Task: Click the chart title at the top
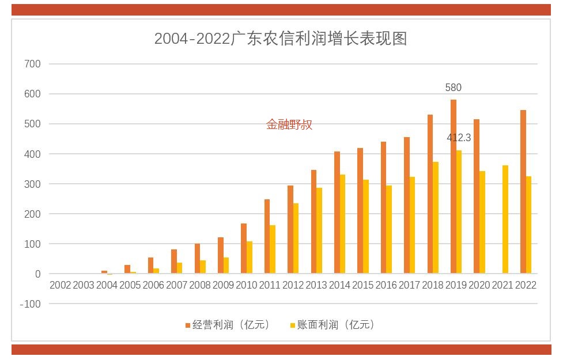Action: coord(281,39)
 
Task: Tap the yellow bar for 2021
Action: coord(505,219)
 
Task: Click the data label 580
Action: coord(454,88)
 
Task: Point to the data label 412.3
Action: coord(459,138)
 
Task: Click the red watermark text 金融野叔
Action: coord(289,124)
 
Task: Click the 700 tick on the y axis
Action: coord(32,64)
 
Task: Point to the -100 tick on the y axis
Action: coord(30,304)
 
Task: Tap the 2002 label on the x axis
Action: coord(61,285)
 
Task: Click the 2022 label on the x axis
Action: coord(526,285)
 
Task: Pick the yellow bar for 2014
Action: coord(343,224)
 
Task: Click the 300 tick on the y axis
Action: coord(32,184)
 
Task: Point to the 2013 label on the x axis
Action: coord(316,285)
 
